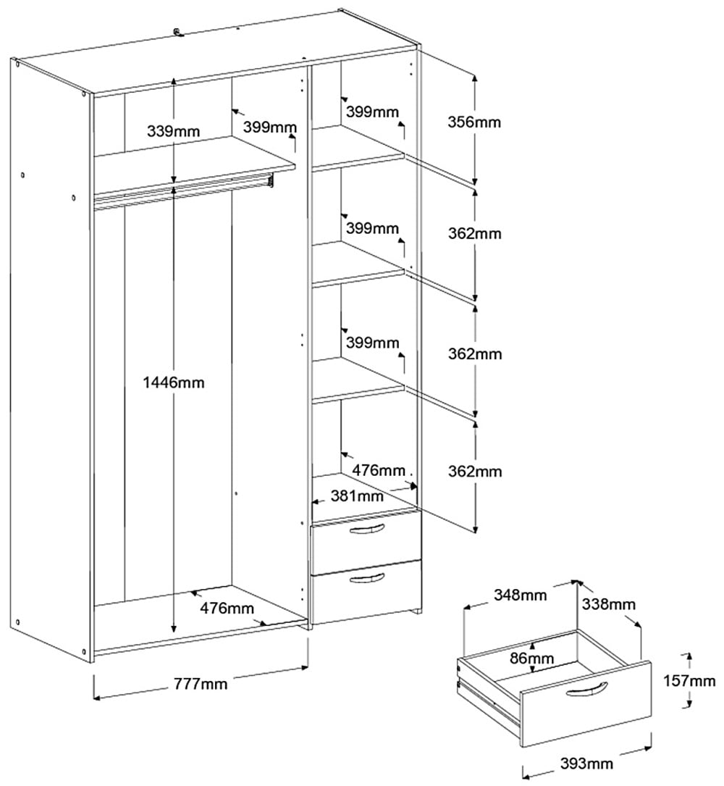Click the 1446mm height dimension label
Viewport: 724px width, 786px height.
174,382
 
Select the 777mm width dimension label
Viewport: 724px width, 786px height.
201,683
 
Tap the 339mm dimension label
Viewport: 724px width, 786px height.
173,131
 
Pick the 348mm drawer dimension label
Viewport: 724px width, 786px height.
521,595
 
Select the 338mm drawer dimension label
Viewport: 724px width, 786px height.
609,603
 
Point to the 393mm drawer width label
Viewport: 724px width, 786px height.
586,764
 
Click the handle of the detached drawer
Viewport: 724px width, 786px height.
584,691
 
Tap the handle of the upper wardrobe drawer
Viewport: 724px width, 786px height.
366,531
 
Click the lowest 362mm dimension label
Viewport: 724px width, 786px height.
475,472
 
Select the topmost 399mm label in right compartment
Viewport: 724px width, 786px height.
372,112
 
